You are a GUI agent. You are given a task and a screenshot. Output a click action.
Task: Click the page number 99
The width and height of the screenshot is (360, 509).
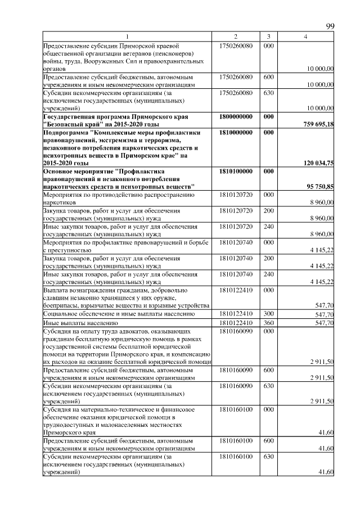[x=330, y=26]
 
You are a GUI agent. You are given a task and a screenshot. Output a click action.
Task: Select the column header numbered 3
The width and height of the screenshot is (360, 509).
[x=269, y=37]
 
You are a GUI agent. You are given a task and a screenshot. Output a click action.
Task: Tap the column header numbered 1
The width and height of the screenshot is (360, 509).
[x=127, y=37]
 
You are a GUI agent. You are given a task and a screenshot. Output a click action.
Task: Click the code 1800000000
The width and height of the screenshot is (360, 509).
[x=236, y=116]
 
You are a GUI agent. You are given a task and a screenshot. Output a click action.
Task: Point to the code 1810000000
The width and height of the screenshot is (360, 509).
[x=236, y=132]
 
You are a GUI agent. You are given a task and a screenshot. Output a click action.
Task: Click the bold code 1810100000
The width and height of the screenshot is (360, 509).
[x=236, y=171]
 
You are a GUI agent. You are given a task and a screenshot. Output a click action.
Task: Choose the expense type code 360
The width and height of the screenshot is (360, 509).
[x=269, y=323]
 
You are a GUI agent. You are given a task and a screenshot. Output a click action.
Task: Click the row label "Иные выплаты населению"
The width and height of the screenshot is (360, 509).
[x=80, y=323]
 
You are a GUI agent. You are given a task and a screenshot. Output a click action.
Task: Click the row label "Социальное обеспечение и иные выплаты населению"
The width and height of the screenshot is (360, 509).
[x=119, y=314]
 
